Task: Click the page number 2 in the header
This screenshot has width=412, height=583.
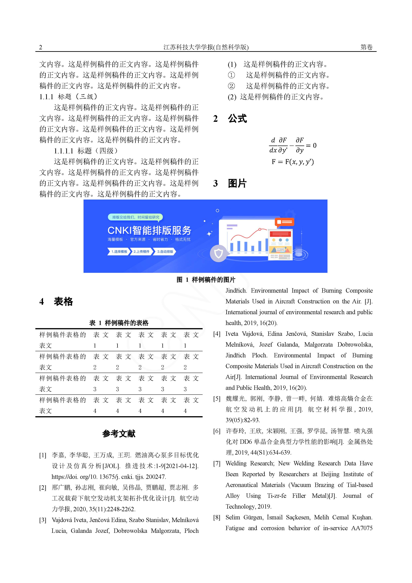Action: point(41,47)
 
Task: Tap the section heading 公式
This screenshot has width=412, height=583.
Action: point(237,119)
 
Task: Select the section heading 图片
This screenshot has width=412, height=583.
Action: point(237,183)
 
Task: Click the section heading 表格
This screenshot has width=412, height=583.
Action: point(63,302)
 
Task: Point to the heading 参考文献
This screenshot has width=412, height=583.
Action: point(119,433)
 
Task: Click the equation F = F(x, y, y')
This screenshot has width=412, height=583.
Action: point(293,162)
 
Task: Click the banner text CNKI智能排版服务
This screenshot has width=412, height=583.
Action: point(149,230)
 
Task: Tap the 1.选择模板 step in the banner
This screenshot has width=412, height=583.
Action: point(119,252)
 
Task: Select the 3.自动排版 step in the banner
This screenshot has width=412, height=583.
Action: point(165,252)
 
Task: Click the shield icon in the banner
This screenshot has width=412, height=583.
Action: point(219,253)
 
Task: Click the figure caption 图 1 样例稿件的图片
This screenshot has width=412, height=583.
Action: point(206,280)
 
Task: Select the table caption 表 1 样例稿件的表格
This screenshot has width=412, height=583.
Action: point(119,323)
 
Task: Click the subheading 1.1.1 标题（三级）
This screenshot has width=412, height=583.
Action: point(69,97)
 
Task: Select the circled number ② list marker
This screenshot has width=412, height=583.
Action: point(231,86)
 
